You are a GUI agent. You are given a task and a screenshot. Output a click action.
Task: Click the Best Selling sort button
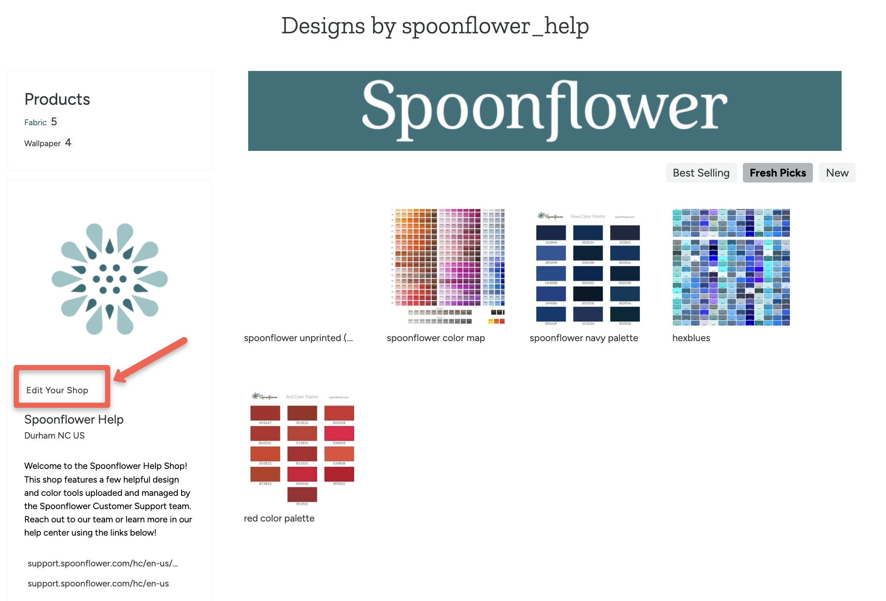click(701, 173)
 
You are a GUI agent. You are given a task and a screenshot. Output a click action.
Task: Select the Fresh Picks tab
click(777, 173)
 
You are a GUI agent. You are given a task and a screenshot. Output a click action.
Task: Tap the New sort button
click(837, 173)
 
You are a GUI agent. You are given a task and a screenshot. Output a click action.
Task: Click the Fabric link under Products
click(35, 123)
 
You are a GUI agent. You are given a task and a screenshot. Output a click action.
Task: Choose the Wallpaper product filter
click(42, 144)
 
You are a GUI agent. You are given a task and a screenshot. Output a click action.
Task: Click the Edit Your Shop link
click(57, 390)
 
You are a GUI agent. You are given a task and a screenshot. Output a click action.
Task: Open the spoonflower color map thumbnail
click(447, 266)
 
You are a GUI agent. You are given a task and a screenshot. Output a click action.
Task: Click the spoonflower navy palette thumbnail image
click(588, 267)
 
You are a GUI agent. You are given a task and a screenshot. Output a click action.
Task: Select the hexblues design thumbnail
click(731, 267)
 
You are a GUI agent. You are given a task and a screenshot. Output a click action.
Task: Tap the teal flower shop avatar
click(109, 279)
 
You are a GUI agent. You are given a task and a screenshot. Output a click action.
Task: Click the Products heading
click(57, 99)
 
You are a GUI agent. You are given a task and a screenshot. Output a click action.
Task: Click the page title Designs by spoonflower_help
click(435, 26)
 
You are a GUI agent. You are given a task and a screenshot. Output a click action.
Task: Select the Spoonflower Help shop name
click(74, 419)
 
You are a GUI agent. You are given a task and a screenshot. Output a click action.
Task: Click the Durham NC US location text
click(54, 436)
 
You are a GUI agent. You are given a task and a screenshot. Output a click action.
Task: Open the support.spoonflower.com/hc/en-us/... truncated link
click(103, 563)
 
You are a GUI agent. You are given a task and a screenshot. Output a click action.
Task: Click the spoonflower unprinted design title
click(298, 338)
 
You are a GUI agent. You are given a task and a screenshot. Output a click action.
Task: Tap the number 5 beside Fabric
click(54, 122)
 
